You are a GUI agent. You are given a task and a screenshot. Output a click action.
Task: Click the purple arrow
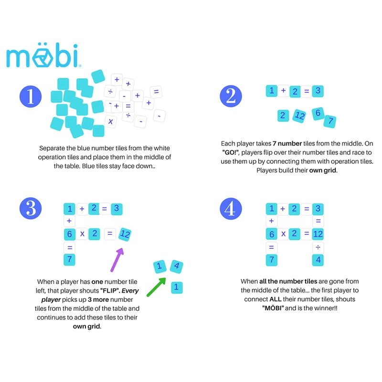click(116, 259)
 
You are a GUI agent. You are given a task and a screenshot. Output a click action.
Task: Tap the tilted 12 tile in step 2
click(299, 115)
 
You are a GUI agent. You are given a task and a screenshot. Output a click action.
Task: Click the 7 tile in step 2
click(329, 121)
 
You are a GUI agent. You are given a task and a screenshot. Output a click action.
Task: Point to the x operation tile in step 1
click(111, 122)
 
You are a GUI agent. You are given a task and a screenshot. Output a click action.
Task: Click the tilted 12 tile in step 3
click(125, 233)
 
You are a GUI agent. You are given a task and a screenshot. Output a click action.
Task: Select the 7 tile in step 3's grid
click(70, 260)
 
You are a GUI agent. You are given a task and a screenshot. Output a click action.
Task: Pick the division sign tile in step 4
click(318, 247)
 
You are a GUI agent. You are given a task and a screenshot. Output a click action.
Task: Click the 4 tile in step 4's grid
click(318, 260)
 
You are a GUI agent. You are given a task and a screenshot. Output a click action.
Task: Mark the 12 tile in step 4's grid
click(318, 234)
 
